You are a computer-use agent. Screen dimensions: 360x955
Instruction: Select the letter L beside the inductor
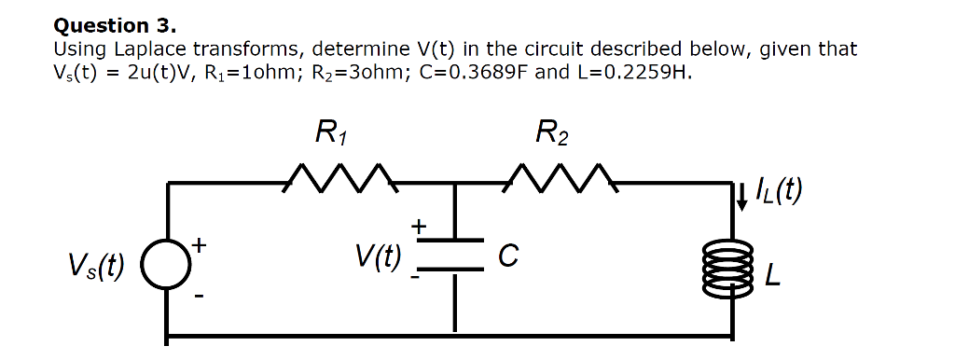[771, 275]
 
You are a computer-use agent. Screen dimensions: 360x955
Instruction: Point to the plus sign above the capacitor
[419, 225]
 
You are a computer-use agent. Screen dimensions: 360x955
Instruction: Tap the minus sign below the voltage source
[198, 298]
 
